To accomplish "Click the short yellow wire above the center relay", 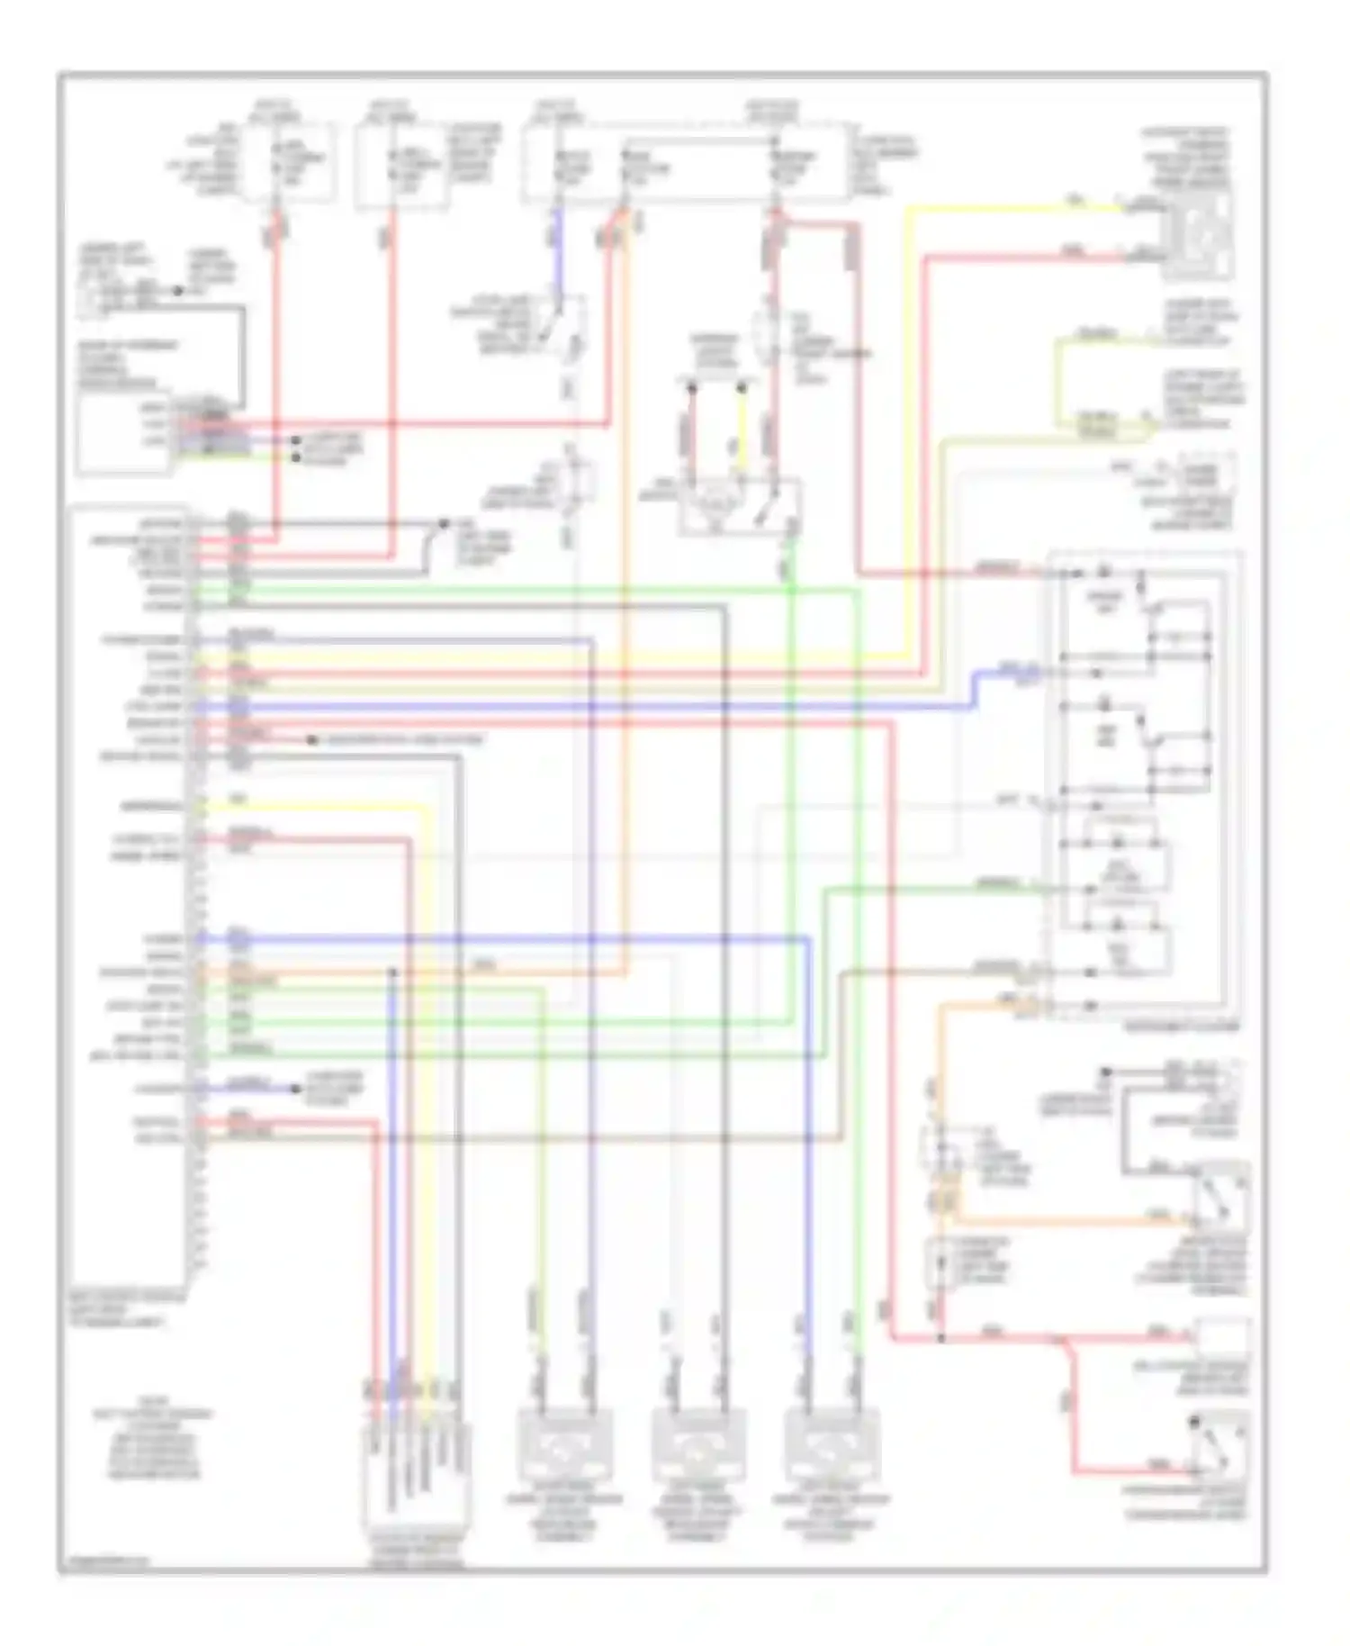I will point(741,431).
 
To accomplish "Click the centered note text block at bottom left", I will point(153,1444).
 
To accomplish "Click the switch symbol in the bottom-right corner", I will point(1221,1444).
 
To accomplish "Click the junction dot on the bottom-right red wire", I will point(940,1339).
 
